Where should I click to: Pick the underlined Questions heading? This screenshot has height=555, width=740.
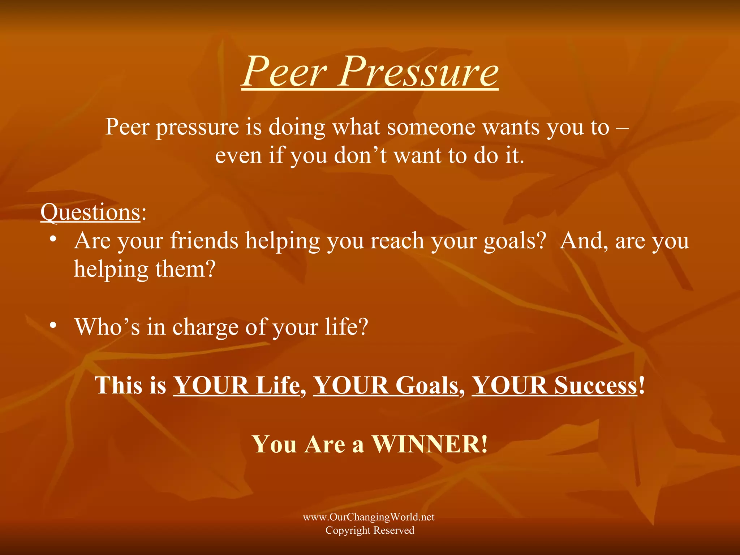(x=90, y=212)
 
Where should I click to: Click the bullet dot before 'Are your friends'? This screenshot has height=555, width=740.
(x=53, y=239)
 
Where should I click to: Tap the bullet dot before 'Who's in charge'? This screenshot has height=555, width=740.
(x=53, y=325)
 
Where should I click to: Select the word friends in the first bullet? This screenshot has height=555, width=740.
(x=204, y=241)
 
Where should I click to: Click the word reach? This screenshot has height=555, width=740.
(x=397, y=241)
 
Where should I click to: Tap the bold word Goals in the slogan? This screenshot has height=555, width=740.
(x=427, y=385)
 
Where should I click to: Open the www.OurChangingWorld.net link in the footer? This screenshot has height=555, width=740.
(x=369, y=517)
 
